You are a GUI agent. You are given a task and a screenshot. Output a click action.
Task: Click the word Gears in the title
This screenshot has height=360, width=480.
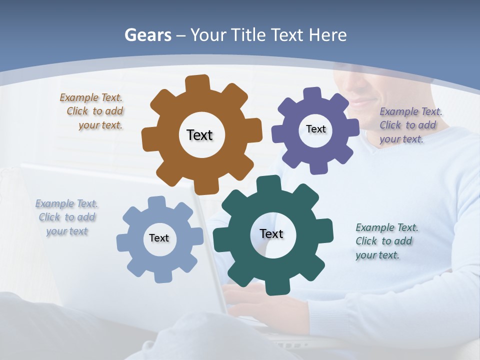point(148,35)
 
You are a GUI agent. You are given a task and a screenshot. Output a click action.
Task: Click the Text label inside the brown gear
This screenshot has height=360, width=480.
point(199,135)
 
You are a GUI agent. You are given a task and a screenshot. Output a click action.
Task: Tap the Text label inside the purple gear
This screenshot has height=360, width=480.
point(315,129)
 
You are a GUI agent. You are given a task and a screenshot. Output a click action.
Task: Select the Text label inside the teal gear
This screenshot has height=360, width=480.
point(271,233)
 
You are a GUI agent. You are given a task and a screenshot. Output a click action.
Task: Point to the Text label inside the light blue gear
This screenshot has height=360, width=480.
point(159,238)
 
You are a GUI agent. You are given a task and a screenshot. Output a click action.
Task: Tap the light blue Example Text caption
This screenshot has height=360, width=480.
point(66,217)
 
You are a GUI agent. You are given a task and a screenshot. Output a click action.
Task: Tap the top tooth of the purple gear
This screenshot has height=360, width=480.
point(312,94)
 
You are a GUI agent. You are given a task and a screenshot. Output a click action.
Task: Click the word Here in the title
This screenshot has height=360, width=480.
point(328,35)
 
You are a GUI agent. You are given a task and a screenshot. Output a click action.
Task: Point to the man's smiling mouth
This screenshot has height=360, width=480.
point(361,104)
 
